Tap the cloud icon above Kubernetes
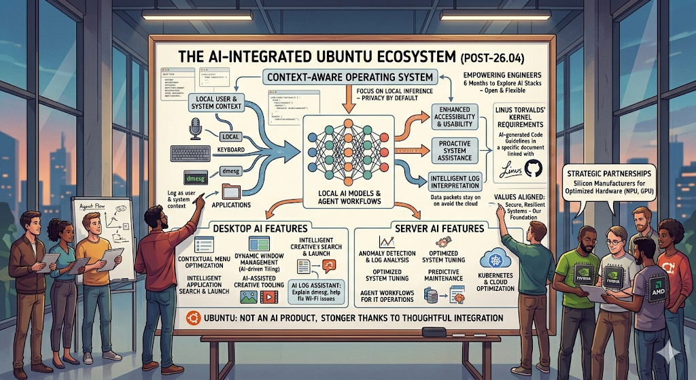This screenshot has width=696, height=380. tap(491, 259)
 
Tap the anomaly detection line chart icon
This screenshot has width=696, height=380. tap(389, 241)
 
